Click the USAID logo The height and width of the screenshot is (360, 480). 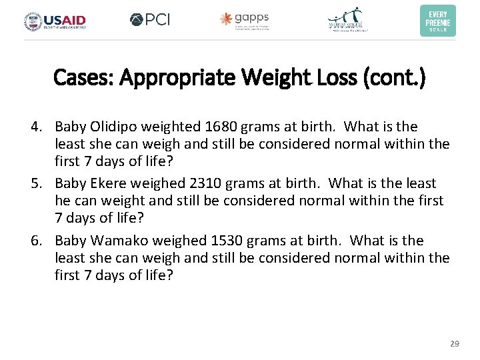coord(55,21)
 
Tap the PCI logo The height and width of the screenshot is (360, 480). coord(150,20)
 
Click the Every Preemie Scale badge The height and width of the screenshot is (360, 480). coord(437,21)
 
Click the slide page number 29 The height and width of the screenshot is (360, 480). coord(455,343)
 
